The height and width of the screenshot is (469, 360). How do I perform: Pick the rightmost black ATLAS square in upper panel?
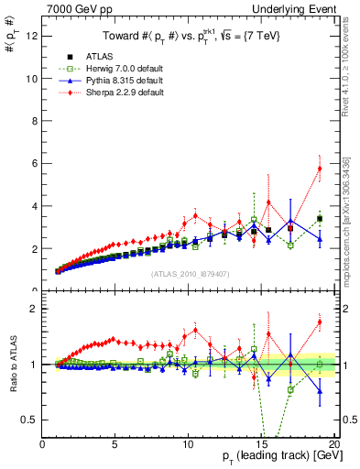320,219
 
